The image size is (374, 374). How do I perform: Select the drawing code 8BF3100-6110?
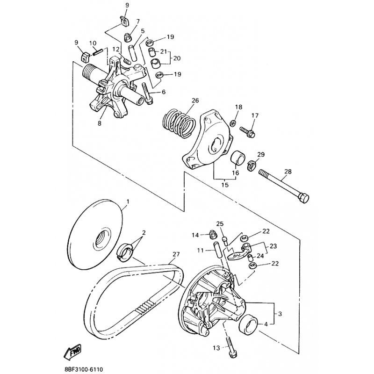(84, 369)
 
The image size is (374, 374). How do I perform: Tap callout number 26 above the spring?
(195, 101)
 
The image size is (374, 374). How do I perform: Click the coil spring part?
(179, 123)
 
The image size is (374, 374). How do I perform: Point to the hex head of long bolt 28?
(303, 198)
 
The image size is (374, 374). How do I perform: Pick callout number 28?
(288, 172)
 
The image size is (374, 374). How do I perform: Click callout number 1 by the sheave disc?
(128, 201)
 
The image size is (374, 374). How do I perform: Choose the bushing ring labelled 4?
(249, 324)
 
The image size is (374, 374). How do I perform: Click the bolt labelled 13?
(230, 347)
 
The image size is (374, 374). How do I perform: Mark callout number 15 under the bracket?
(225, 185)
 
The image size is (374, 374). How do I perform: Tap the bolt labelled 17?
(248, 132)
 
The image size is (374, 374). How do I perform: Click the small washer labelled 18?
(233, 123)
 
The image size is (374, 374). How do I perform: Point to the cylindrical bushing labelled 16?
(238, 158)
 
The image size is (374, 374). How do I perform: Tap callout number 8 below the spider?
(100, 123)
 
